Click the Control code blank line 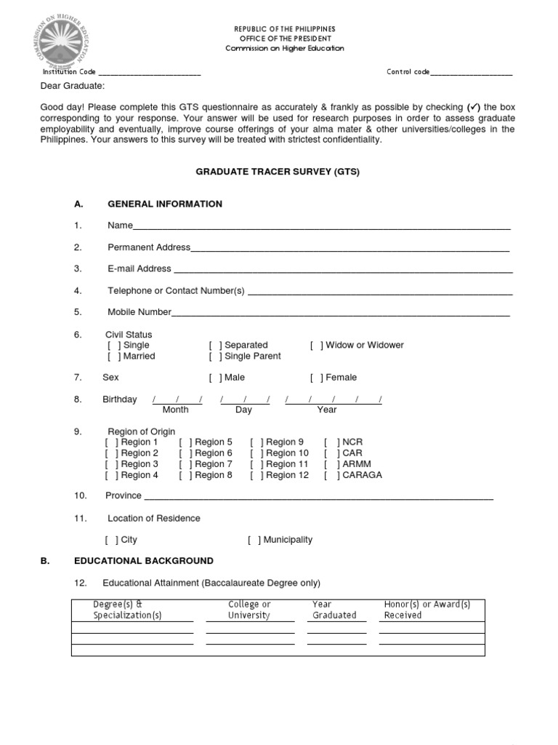(471, 73)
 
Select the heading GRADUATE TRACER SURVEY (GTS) (278, 172)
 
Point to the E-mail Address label (139, 268)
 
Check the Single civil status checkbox (115, 345)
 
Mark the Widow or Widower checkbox (317, 345)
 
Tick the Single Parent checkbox (216, 356)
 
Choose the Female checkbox (317, 378)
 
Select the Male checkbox (216, 378)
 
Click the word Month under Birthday (175, 410)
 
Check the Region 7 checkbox (186, 464)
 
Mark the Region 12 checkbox (257, 475)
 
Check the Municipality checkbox (254, 540)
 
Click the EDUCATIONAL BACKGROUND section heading (144, 561)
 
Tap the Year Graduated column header (333, 610)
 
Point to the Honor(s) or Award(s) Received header (426, 610)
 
